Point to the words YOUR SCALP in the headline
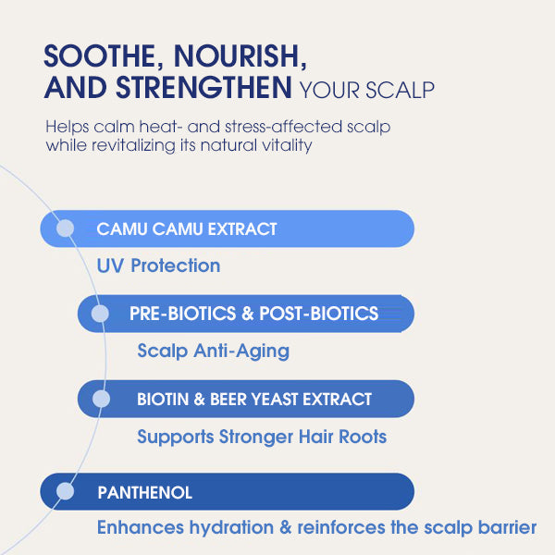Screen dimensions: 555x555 366,91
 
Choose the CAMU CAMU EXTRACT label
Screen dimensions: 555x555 187,228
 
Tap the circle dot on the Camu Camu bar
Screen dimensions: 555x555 65,228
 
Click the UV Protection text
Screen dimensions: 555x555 158,266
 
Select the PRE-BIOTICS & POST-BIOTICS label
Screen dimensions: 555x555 253,314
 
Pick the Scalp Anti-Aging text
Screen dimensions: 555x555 213,351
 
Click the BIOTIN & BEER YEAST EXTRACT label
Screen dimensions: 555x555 254,400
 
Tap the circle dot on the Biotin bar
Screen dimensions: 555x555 102,400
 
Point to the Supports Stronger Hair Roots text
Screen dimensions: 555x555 262,437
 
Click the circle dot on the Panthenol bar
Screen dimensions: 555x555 65,492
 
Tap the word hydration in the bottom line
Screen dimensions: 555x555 227,528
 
